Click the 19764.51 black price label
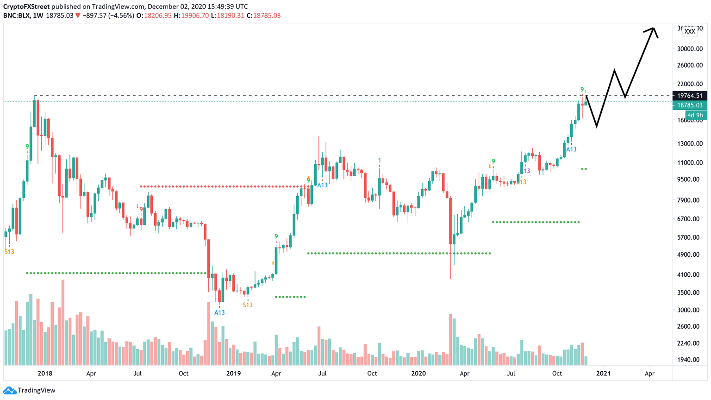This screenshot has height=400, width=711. point(689,95)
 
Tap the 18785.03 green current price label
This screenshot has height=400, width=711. point(689,105)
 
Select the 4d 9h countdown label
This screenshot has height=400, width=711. point(695,115)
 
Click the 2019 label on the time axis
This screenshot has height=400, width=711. point(234,373)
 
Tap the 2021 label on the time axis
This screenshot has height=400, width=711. point(603,373)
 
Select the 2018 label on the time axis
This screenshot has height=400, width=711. point(45,373)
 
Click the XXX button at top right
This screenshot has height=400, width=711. point(690,32)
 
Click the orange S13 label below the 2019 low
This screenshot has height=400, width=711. point(248,305)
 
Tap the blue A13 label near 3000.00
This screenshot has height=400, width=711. point(219,312)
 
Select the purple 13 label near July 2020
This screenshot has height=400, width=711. point(527,171)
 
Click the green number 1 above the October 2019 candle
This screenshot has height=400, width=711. point(380,160)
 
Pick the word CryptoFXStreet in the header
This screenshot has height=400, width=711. point(26,6)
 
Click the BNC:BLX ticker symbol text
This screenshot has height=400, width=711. point(16,16)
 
